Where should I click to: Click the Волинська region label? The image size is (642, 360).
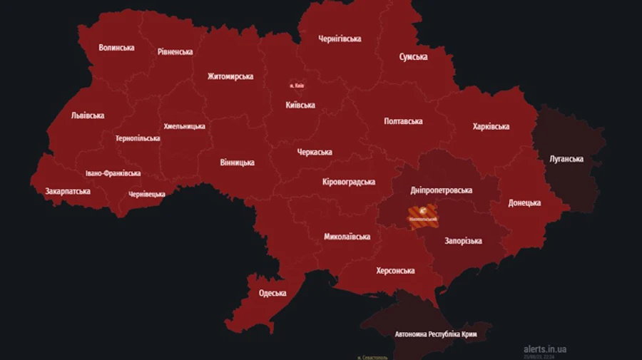(116, 48)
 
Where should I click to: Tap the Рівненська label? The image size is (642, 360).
(175, 52)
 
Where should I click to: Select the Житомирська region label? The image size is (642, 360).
(230, 76)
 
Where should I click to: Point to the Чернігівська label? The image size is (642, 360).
(339, 39)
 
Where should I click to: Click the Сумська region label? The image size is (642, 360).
(414, 57)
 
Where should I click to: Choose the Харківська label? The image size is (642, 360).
(491, 127)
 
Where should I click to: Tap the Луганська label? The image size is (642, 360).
(567, 159)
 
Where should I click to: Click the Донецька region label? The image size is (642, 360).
(524, 203)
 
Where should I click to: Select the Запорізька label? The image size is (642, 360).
(463, 241)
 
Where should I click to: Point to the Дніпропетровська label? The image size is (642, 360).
(442, 190)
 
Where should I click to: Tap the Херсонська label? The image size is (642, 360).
(395, 271)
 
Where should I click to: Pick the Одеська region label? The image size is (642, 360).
(272, 293)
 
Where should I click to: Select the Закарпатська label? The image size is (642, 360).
(68, 192)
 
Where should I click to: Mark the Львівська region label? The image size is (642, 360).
(88, 115)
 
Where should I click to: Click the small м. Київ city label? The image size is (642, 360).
(297, 86)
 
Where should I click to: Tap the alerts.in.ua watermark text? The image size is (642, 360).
(545, 349)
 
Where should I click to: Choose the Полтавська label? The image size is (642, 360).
(403, 121)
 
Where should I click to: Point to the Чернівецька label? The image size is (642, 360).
(147, 194)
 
